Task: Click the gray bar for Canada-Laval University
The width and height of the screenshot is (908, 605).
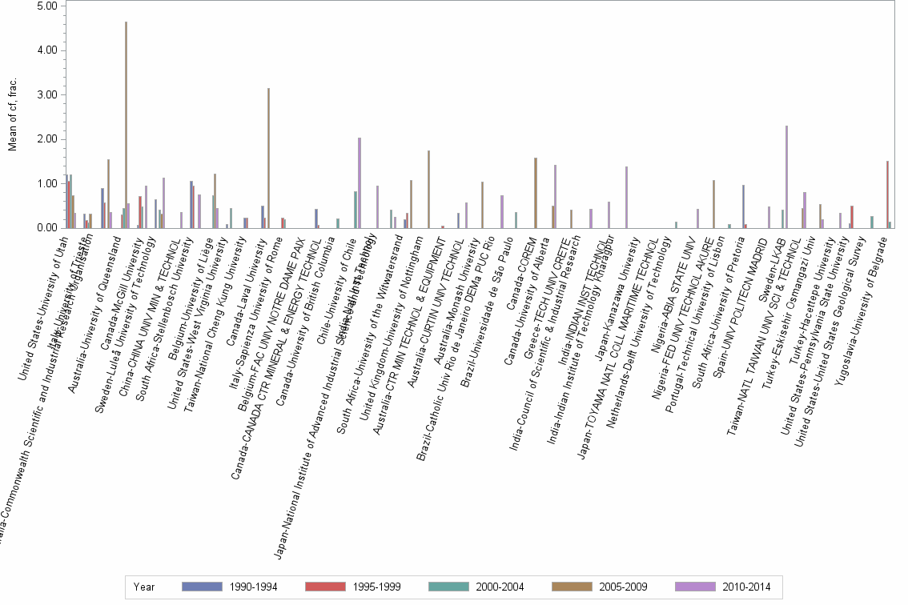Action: coord(268,160)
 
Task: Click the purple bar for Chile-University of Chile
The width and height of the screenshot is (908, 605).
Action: coord(360,183)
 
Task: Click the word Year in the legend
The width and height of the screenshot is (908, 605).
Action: coord(145,587)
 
